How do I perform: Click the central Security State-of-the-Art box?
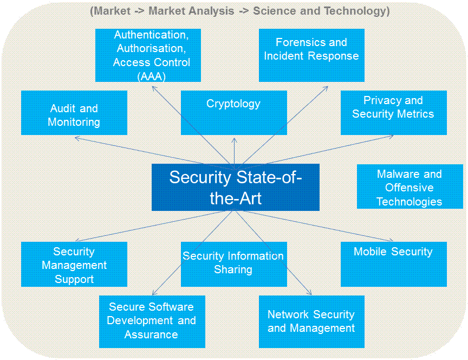[235, 187]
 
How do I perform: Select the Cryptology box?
[233, 112]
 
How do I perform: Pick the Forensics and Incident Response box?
[311, 55]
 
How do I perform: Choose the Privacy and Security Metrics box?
[393, 112]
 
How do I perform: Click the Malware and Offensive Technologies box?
[409, 187]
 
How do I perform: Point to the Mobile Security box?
[393, 264]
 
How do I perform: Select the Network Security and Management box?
[311, 322]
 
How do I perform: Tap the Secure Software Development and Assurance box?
[152, 322]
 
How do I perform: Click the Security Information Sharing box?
[233, 264]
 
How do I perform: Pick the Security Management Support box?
[74, 264]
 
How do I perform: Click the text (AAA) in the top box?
[151, 76]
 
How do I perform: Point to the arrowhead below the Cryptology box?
[234, 139]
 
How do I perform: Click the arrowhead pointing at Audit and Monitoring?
[76, 138]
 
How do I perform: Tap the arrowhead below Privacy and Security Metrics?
[392, 137]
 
